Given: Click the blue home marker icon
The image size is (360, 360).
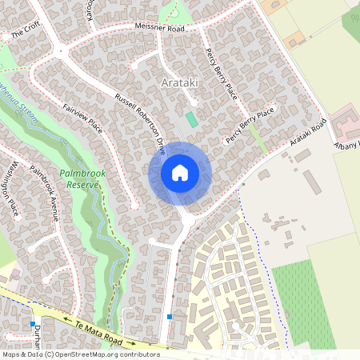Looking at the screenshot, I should click(x=180, y=173).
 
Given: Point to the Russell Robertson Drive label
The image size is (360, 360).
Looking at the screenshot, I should click(x=139, y=123).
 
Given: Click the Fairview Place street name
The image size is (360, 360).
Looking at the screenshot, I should click(x=82, y=116).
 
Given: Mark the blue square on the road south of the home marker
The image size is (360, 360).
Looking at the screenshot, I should click(x=170, y=317).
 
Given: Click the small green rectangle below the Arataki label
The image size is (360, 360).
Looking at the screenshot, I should click(x=190, y=119).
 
